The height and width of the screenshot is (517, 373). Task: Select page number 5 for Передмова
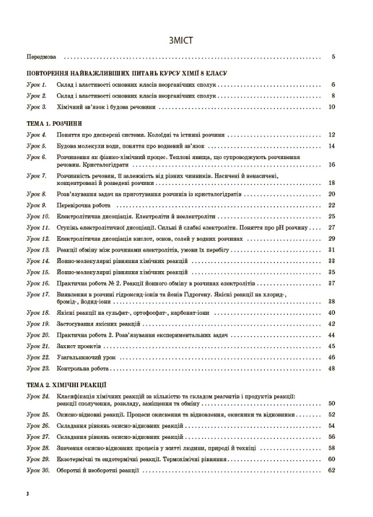tap(333, 57)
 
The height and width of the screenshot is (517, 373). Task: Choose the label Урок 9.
tap(37, 205)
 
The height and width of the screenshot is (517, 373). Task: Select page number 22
tap(331, 205)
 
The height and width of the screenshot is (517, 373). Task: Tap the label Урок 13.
tap(38, 250)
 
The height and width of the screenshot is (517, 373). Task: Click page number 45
tap(331, 346)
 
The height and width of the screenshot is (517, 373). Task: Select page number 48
tap(331, 368)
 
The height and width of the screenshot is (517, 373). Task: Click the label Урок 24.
tap(38, 396)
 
